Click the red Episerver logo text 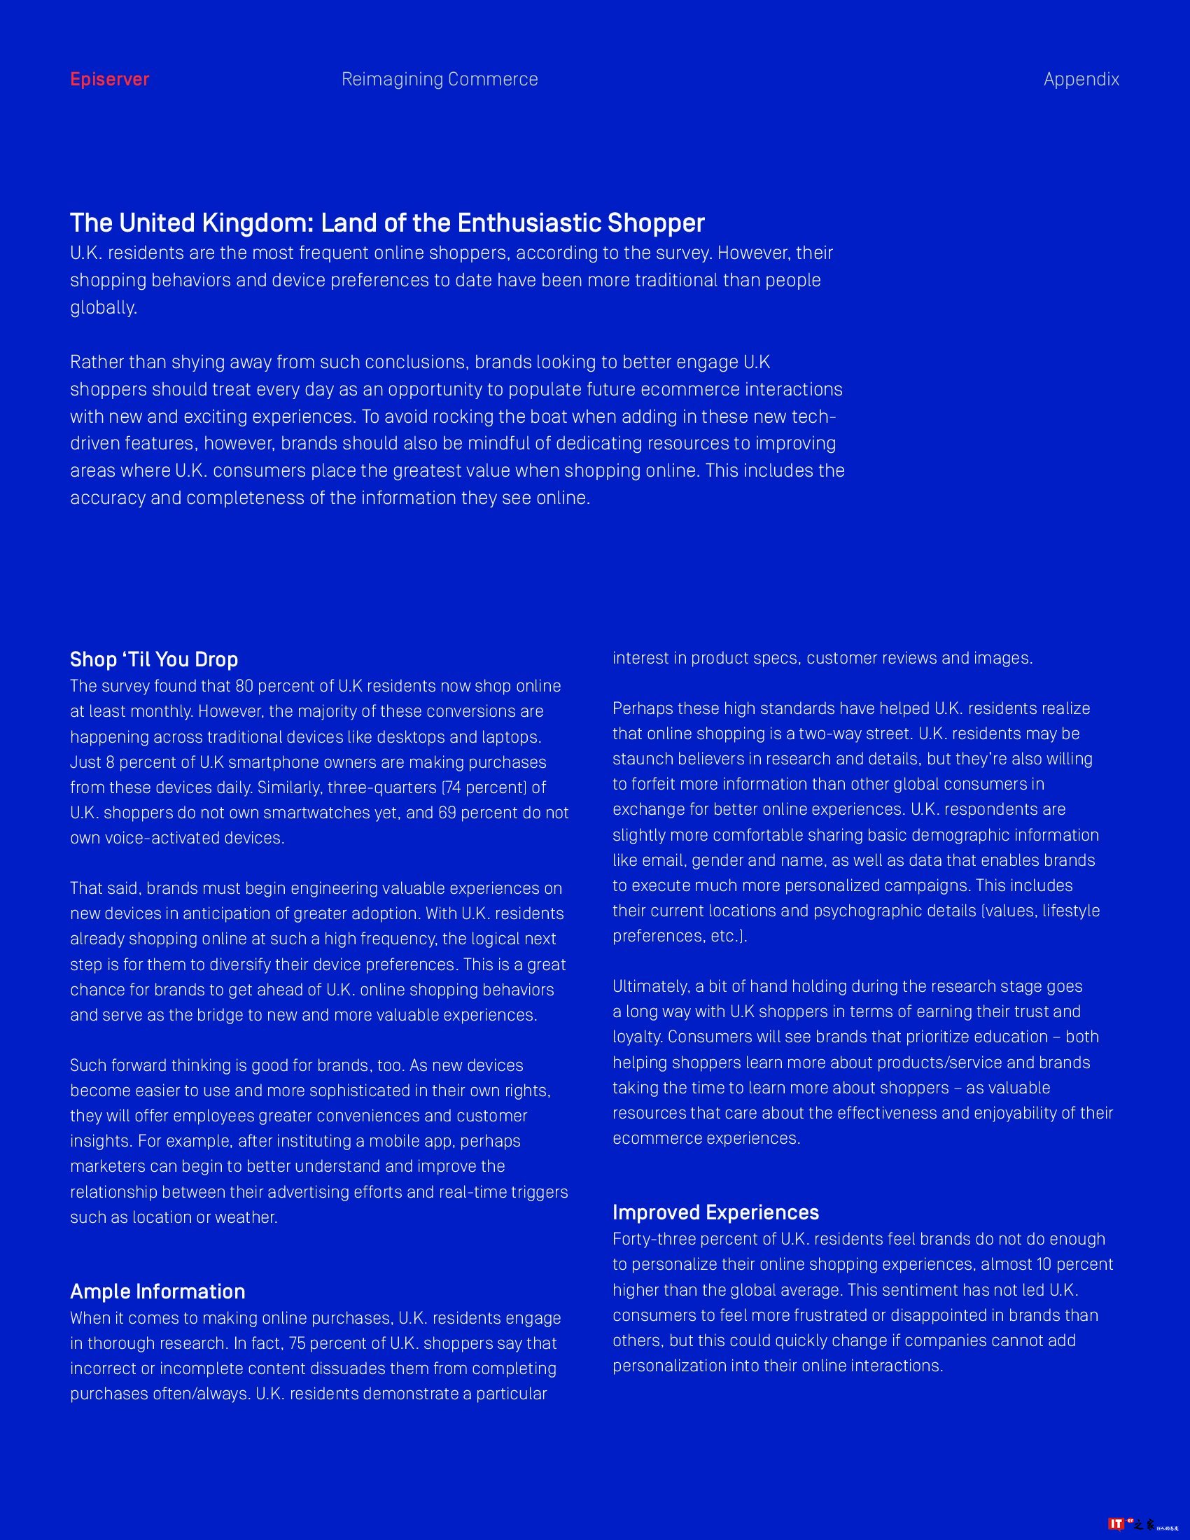tap(109, 79)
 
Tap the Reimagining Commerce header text tap(439, 79)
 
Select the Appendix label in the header tap(1081, 79)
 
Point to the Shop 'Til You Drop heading tap(154, 659)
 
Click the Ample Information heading tap(157, 1291)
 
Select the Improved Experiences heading tap(715, 1212)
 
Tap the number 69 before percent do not tap(448, 812)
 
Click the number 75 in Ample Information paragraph tap(297, 1343)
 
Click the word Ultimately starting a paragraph tap(650, 986)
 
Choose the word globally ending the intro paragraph tap(102, 307)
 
